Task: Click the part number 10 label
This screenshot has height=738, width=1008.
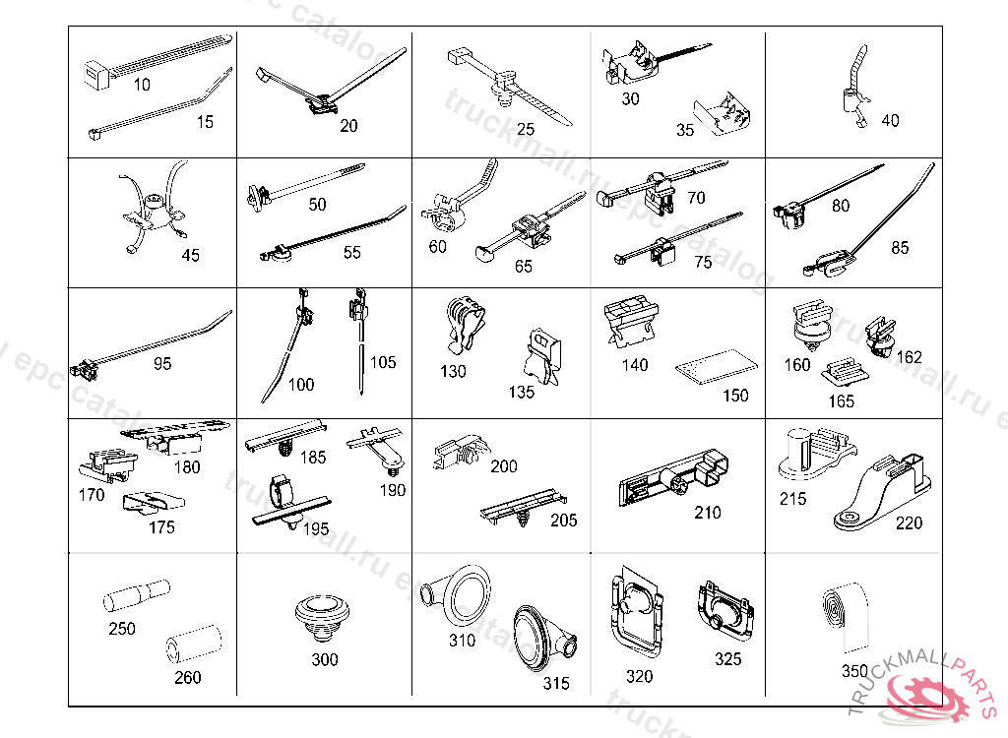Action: coord(142,85)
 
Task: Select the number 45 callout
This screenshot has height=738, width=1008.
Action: coord(190,255)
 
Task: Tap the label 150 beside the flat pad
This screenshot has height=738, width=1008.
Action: coord(735,396)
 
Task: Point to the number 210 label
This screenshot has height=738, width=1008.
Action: coord(707,513)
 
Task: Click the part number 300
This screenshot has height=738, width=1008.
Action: coord(325,659)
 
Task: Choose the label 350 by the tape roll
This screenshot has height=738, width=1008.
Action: coord(854,671)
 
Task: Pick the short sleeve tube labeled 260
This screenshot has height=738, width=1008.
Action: coord(189,645)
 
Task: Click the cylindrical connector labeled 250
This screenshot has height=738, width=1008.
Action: coord(135,596)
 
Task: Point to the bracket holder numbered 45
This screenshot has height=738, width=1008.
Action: coord(153,212)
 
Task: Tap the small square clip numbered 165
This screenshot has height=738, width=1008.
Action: coord(843,374)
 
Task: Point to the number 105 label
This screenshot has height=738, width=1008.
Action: coord(383,362)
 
